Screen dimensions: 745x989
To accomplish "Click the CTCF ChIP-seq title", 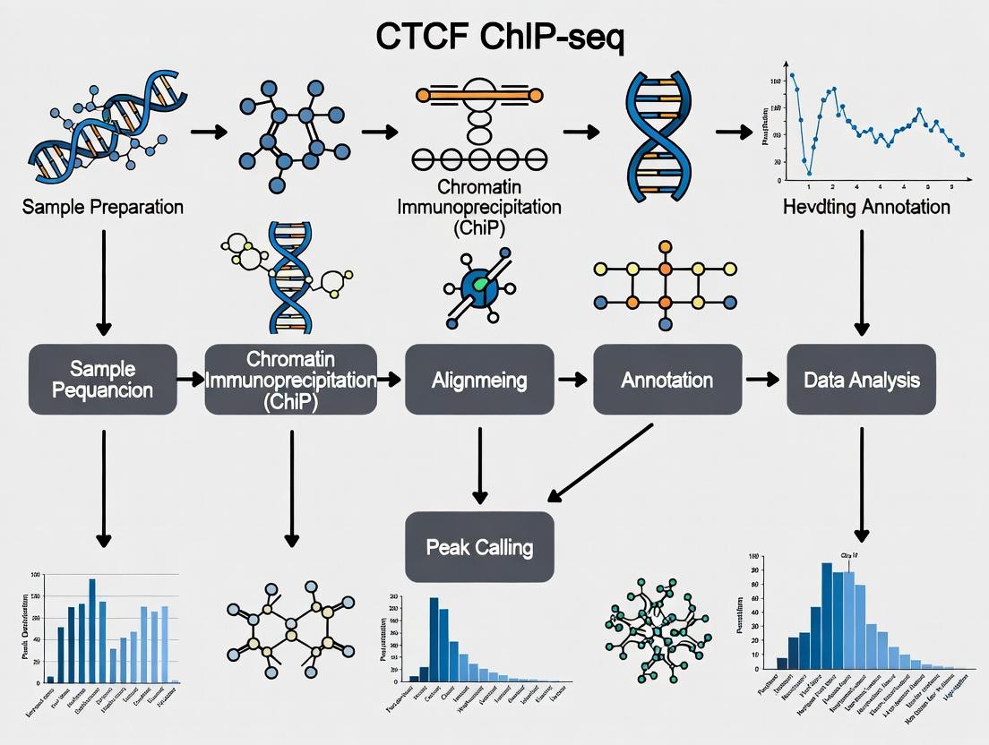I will [494, 39].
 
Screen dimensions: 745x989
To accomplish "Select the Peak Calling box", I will [480, 546].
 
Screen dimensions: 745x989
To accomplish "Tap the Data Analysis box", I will [861, 380].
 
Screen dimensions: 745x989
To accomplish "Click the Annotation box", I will [667, 380].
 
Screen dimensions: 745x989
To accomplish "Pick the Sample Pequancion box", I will [103, 380].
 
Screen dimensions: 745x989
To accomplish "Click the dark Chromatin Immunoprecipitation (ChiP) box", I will [290, 380].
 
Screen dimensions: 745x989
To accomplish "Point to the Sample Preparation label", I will [104, 207].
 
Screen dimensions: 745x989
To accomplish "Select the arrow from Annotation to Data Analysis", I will [762, 380].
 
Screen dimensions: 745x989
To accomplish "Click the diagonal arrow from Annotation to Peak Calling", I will [602, 463].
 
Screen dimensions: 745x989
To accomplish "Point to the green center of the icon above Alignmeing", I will [482, 286].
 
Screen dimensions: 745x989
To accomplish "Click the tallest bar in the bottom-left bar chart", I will [91, 631].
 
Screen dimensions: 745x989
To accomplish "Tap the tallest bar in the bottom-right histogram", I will [827, 616].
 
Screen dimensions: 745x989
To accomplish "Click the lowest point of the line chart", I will [809, 173].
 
